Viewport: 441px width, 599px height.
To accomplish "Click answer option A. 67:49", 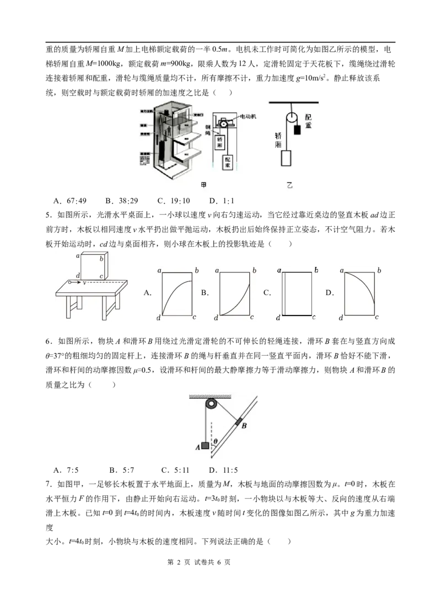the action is [x=70, y=201].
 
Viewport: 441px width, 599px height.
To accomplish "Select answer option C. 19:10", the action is [x=173, y=201].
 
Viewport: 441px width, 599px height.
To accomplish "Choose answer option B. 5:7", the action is [x=121, y=470].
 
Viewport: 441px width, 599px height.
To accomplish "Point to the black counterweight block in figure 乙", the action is [x=297, y=130].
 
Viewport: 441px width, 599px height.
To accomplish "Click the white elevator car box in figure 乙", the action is [x=286, y=158].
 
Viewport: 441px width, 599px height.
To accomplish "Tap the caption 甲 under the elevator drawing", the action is [x=203, y=185].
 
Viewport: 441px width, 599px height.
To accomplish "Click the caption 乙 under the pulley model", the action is [x=289, y=185].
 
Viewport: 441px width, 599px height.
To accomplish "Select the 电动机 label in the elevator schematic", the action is [x=248, y=116].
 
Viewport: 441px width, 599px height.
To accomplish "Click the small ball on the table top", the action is [x=69, y=283].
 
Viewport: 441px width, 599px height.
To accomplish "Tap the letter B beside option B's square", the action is [x=205, y=293].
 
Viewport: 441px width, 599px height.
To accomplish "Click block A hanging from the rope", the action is [x=206, y=445].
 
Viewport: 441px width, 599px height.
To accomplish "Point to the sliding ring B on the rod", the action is [x=239, y=422].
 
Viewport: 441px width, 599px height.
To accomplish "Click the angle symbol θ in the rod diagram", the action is [x=216, y=442].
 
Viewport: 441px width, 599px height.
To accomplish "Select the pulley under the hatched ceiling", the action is [x=211, y=404].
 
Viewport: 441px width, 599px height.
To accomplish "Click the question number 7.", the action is [x=48, y=484].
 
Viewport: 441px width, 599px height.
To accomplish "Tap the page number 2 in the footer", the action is [x=178, y=563].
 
